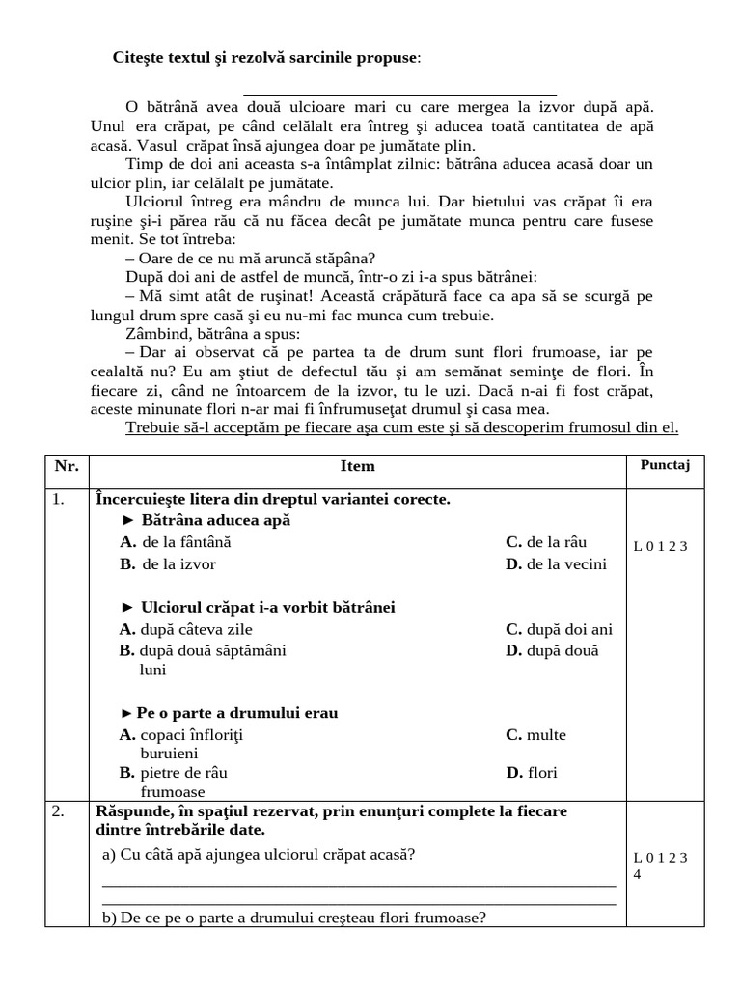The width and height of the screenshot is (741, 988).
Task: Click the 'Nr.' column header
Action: pos(67,466)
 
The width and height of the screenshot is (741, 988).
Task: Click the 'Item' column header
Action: pos(357,466)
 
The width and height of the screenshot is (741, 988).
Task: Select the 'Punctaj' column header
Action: pos(666,465)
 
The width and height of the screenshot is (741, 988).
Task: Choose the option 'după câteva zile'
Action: pos(184,629)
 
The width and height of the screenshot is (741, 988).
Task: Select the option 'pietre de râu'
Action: pos(174,773)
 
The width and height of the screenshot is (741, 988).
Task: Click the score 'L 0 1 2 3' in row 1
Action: pos(661,546)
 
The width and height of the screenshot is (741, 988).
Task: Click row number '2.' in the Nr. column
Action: pos(59,811)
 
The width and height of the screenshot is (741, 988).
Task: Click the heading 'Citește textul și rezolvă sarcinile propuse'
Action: pos(267,58)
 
